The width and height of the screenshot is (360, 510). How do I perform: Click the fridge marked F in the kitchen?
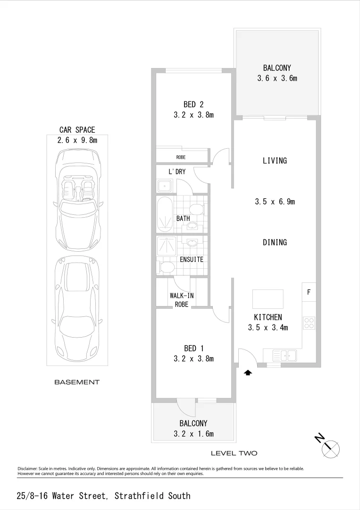pyautogui.click(x=309, y=292)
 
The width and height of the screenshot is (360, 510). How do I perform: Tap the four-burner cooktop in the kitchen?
pyautogui.click(x=309, y=323)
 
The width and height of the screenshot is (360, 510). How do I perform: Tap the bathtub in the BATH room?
pyautogui.click(x=165, y=214)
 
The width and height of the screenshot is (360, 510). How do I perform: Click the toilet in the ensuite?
pyautogui.click(x=166, y=268)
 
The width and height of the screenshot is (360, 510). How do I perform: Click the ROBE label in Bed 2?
pyautogui.click(x=181, y=157)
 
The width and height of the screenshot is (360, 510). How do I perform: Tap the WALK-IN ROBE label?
pyautogui.click(x=182, y=300)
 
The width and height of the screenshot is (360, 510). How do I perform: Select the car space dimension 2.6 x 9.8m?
pyautogui.click(x=77, y=140)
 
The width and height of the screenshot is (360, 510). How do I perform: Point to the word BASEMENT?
pyautogui.click(x=77, y=382)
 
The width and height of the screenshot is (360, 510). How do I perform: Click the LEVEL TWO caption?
pyautogui.click(x=234, y=453)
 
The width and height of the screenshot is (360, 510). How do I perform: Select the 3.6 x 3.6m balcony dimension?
pyautogui.click(x=277, y=78)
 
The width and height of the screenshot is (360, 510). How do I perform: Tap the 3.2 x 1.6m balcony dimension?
pyautogui.click(x=193, y=434)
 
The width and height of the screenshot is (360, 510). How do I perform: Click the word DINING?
pyautogui.click(x=275, y=242)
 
